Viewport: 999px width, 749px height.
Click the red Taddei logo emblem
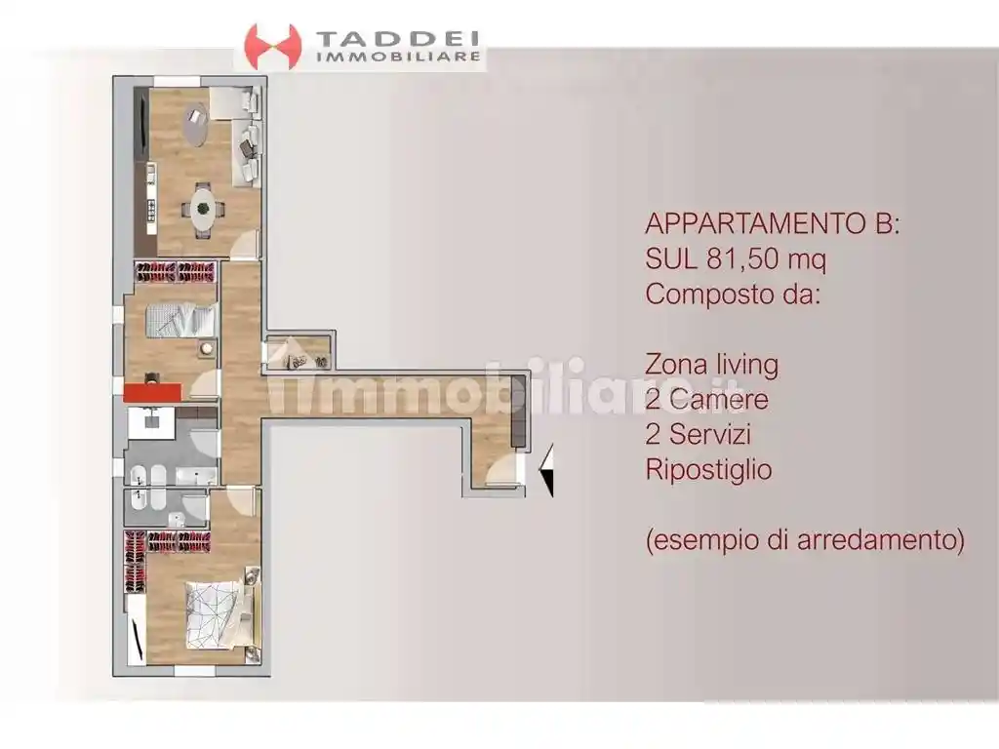(x=272, y=46)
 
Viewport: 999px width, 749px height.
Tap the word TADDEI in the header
(x=398, y=39)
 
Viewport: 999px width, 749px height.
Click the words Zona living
(x=711, y=365)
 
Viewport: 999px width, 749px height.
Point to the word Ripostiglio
(x=708, y=470)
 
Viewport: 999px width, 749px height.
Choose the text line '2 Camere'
(x=706, y=400)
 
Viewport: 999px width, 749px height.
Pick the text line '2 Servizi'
(x=698, y=435)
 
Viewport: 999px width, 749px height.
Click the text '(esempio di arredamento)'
(x=805, y=539)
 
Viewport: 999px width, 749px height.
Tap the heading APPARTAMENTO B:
(x=773, y=223)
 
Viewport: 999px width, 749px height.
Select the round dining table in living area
(x=203, y=207)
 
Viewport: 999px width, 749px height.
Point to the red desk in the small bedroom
(x=152, y=392)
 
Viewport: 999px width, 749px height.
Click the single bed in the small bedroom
(x=180, y=319)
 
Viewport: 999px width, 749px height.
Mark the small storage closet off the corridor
(x=299, y=353)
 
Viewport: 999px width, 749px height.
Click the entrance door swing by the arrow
(x=501, y=469)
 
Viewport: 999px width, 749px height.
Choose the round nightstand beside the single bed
(x=206, y=348)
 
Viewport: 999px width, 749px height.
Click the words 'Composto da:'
(x=733, y=294)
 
